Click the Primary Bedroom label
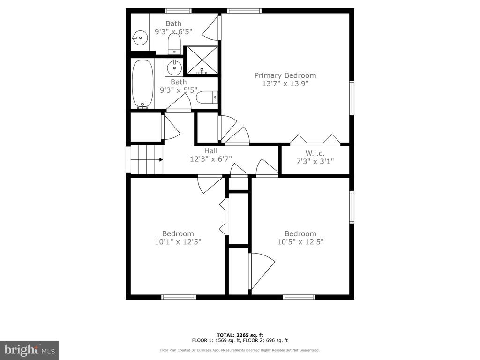point(285,75)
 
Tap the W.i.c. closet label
point(315,153)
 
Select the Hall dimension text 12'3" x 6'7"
point(210,159)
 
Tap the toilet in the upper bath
point(174,44)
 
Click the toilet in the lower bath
point(207,97)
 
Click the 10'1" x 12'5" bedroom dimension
point(178,242)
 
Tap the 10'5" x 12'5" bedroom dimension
point(300,242)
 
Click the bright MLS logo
point(30,350)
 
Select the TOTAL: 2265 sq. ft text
point(240,335)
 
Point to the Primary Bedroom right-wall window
point(352,97)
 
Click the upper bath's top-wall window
point(178,11)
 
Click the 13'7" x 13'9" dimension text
point(285,83)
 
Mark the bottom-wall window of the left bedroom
point(179,297)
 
